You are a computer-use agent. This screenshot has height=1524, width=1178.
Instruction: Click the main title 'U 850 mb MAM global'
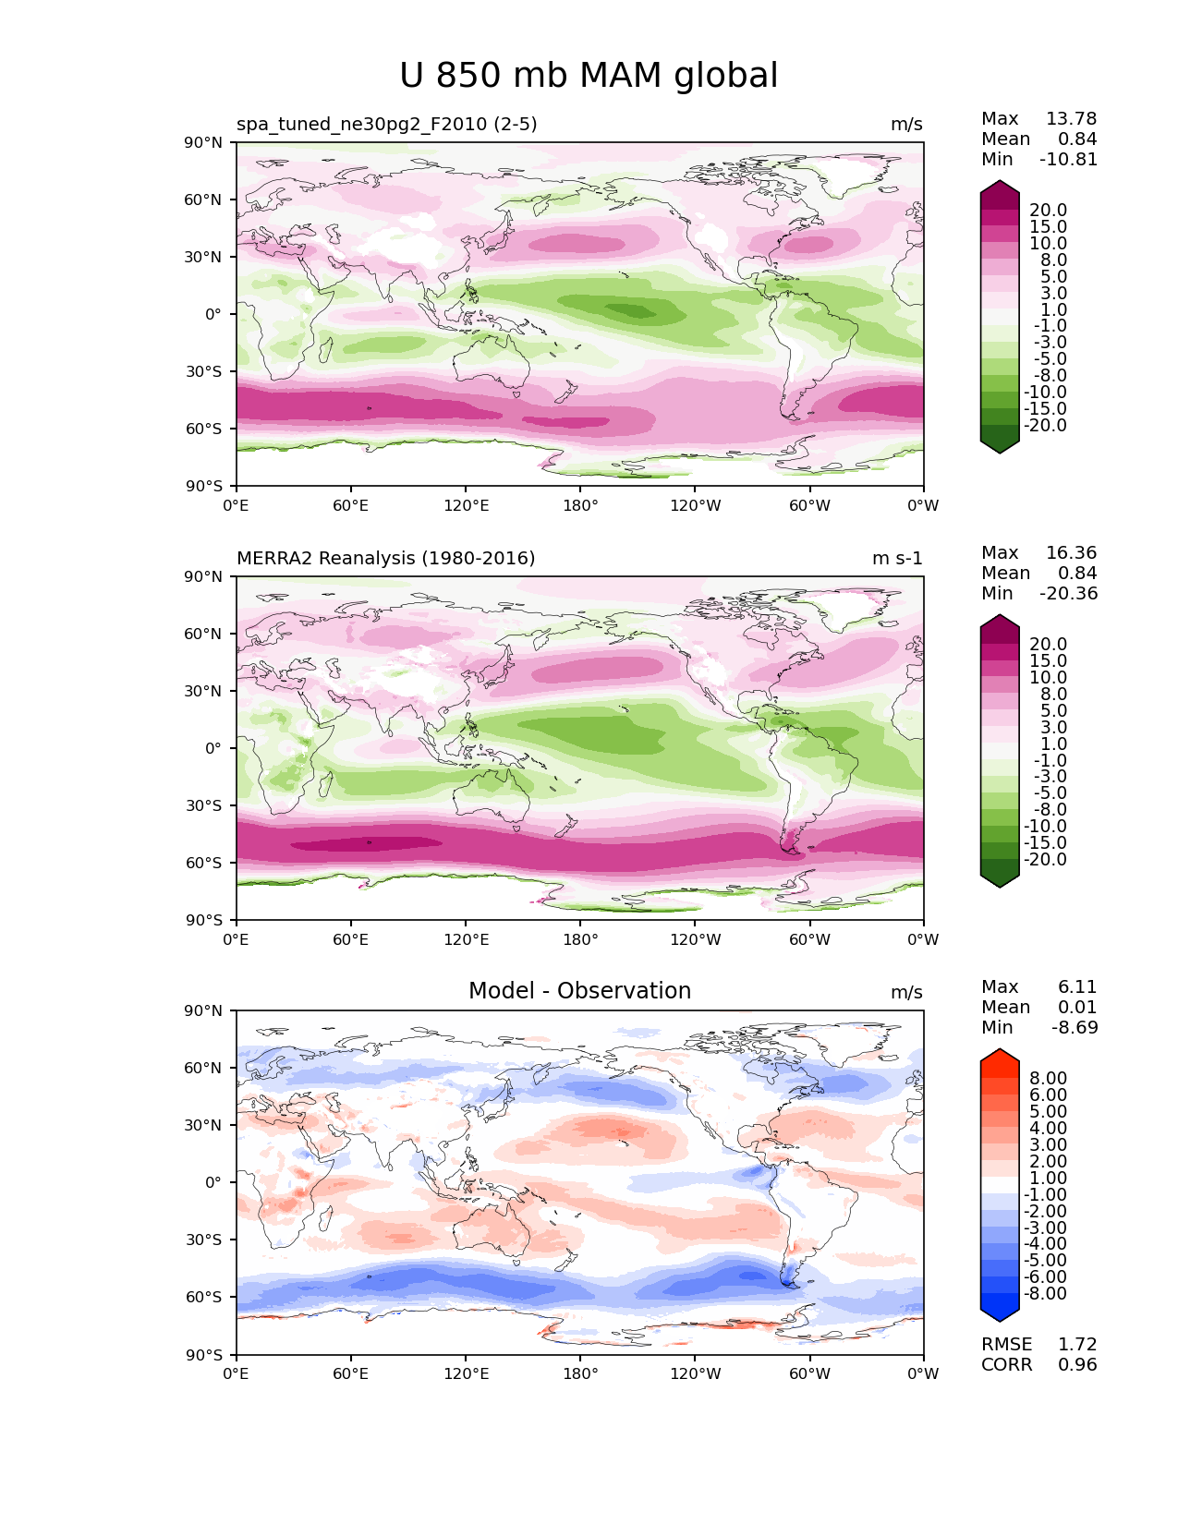[x=589, y=76]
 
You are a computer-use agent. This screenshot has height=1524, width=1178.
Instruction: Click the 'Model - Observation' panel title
[x=579, y=991]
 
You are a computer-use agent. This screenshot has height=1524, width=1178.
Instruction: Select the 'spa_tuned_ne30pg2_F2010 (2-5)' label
[x=386, y=124]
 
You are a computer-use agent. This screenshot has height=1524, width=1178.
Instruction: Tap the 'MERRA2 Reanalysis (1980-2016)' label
[x=385, y=558]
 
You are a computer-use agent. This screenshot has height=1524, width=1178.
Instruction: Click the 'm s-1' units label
[x=897, y=558]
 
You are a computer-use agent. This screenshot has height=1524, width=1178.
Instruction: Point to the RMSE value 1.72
[x=1077, y=1344]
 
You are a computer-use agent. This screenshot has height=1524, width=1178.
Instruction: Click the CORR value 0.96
[x=1077, y=1364]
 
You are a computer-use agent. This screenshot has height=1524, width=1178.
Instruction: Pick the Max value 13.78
[x=1071, y=118]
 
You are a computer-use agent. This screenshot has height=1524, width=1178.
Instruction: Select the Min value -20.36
[x=1069, y=593]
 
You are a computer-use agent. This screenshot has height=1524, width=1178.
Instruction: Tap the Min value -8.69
[x=1075, y=1027]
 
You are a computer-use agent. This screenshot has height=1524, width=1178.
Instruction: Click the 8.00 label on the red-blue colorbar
[x=1048, y=1078]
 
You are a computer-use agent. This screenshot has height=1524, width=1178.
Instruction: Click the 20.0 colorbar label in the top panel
[x=1048, y=210]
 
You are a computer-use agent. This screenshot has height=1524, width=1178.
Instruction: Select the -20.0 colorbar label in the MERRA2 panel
[x=1045, y=859]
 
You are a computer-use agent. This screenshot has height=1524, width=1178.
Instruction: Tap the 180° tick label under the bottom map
[x=580, y=1373]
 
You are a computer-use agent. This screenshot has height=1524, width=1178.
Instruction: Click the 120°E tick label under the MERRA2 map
[x=466, y=939]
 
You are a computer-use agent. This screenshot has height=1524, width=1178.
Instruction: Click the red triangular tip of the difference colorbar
[x=1000, y=1056]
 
